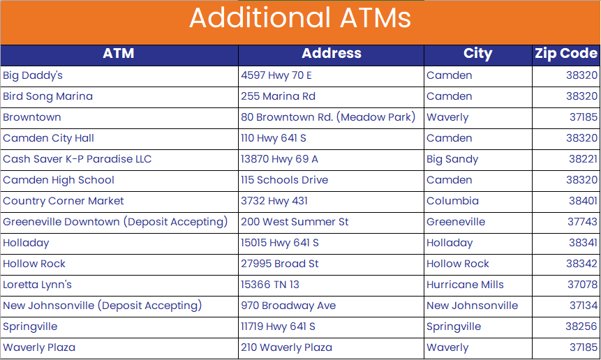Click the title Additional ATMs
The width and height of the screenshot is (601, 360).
pyautogui.click(x=300, y=17)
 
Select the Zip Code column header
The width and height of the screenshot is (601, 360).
pyautogui.click(x=566, y=53)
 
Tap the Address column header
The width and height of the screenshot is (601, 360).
pyautogui.click(x=332, y=53)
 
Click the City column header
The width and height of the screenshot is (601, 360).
pyautogui.click(x=477, y=53)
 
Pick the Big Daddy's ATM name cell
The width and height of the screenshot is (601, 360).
pyautogui.click(x=33, y=75)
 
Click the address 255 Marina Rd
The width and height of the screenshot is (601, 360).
pyautogui.click(x=279, y=96)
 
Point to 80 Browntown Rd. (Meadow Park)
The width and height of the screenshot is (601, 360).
pyautogui.click(x=328, y=117)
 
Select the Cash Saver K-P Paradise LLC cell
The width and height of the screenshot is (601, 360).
pyautogui.click(x=77, y=159)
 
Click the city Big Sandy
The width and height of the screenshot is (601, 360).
pyautogui.click(x=452, y=159)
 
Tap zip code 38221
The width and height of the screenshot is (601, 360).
pyautogui.click(x=583, y=159)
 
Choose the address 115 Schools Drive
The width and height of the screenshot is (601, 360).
pyautogui.click(x=284, y=180)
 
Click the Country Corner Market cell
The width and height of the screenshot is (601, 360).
pyautogui.click(x=64, y=201)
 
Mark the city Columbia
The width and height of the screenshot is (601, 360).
pyautogui.click(x=452, y=201)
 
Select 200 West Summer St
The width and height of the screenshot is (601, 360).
pyautogui.click(x=295, y=222)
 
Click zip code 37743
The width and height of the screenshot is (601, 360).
pyautogui.click(x=582, y=222)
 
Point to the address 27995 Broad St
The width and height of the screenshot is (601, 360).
pyautogui.click(x=280, y=264)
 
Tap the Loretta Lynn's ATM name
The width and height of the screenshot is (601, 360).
pyautogui.click(x=37, y=285)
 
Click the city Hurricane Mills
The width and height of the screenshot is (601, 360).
pyautogui.click(x=466, y=285)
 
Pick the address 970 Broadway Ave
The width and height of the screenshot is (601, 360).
pyautogui.click(x=288, y=306)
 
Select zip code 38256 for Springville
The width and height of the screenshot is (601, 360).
pyautogui.click(x=581, y=327)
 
